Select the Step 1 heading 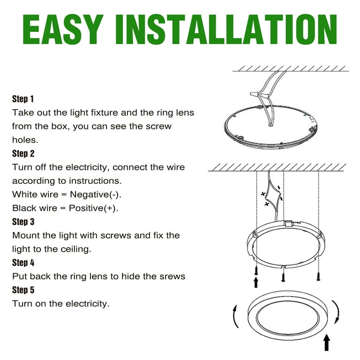pos(23,99)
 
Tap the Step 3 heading pos(23,222)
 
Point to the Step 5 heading pos(23,290)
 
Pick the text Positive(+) pos(93,208)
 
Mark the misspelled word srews pos(172,276)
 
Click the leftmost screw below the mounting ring pos(256,270)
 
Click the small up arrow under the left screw pos(256,282)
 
